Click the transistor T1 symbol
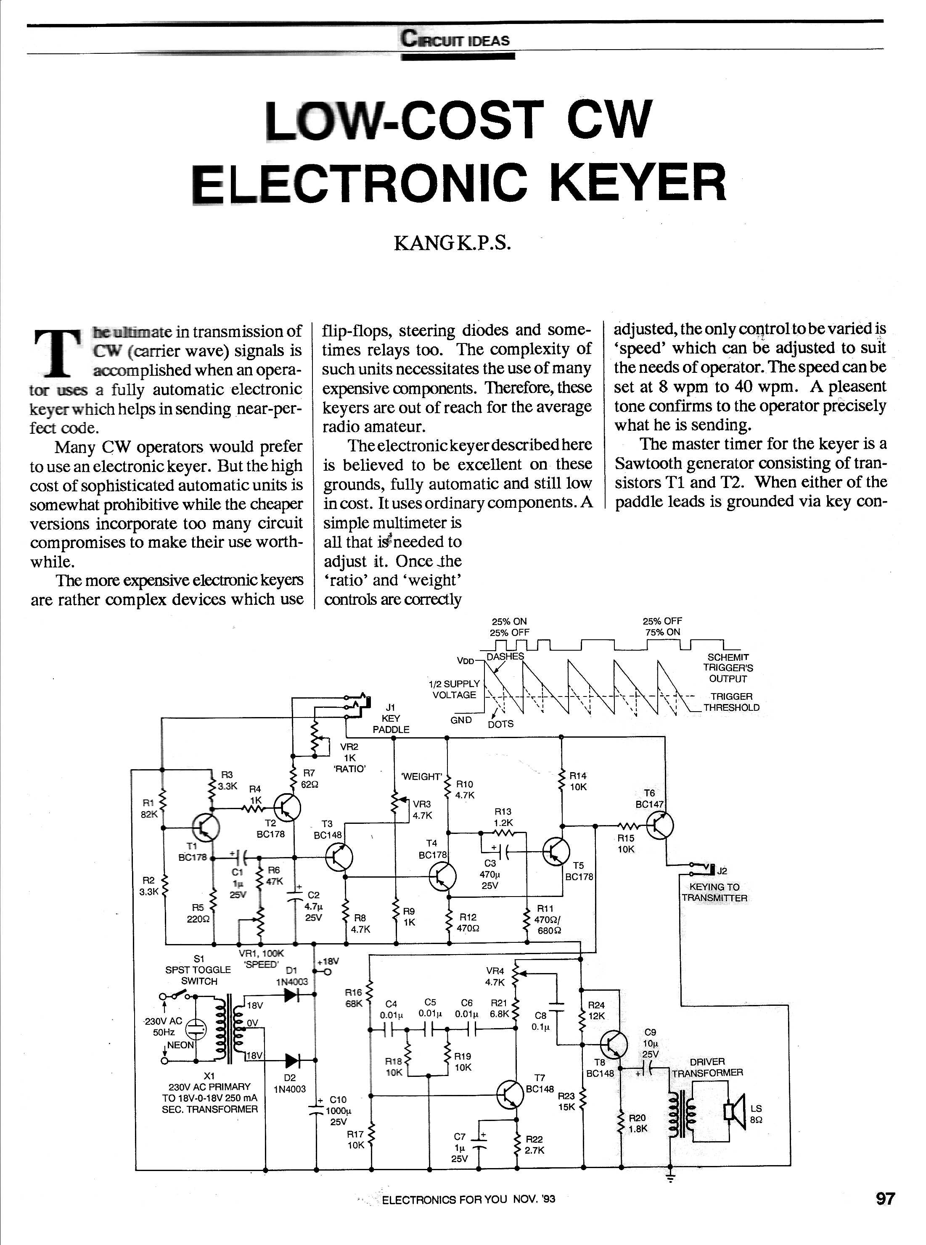(205, 827)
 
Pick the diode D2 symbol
(292, 1060)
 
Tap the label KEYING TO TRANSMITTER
(714, 893)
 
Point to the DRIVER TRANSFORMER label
(707, 1067)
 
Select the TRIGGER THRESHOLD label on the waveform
(731, 702)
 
